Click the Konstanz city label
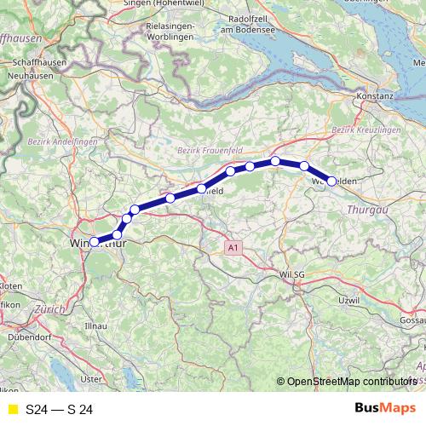click(376, 96)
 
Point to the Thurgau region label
click(367, 208)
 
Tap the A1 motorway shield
click(233, 247)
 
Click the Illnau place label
click(95, 325)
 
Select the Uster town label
click(90, 377)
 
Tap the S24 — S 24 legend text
click(59, 410)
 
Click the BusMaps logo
click(385, 408)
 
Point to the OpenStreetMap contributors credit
click(348, 382)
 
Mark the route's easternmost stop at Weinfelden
click(331, 181)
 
